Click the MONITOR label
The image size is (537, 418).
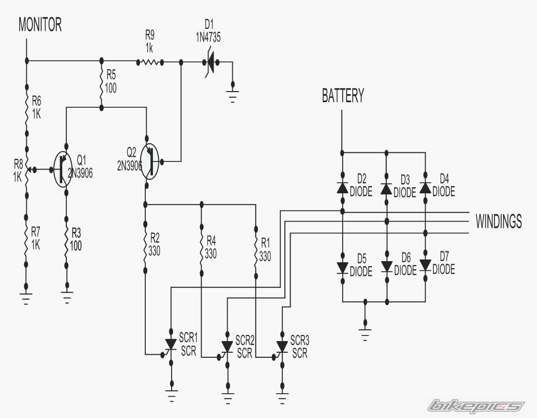click(40, 25)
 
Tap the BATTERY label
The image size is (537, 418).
click(343, 96)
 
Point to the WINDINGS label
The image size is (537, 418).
click(499, 221)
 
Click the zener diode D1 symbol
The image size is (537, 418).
click(210, 62)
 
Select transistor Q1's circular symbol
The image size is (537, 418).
click(63, 169)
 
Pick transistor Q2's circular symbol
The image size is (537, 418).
click(150, 161)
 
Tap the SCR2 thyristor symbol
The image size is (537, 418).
click(227, 347)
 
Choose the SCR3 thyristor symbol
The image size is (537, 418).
click(282, 347)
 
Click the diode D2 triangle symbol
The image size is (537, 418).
click(343, 188)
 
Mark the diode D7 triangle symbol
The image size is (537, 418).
click(425, 265)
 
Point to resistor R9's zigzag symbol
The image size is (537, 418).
click(150, 62)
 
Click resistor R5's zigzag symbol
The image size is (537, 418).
click(101, 84)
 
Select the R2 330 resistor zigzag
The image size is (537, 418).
click(145, 247)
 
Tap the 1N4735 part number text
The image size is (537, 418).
click(208, 37)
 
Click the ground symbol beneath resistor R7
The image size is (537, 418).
click(26, 299)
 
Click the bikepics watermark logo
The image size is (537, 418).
click(476, 406)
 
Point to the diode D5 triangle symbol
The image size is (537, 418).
click(343, 268)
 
